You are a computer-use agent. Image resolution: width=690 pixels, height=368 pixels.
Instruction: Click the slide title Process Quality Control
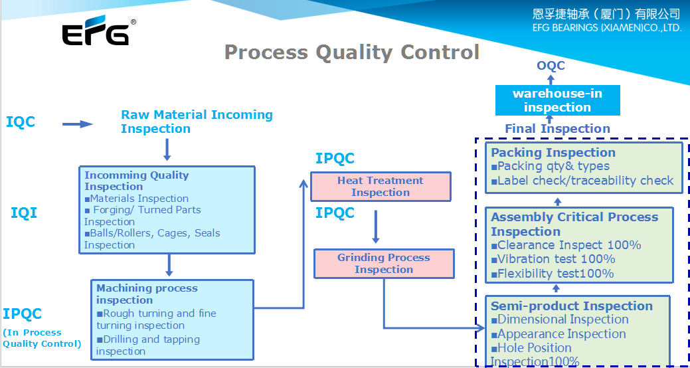pos(351,52)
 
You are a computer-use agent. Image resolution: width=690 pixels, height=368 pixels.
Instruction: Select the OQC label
pos(551,66)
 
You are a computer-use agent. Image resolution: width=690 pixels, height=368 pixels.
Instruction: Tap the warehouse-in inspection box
pos(557,100)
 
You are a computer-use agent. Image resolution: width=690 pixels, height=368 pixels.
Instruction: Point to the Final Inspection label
pos(557,129)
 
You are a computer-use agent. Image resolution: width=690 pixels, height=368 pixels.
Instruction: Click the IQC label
pos(21,122)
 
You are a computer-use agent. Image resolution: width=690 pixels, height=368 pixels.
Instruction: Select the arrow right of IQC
pos(77,124)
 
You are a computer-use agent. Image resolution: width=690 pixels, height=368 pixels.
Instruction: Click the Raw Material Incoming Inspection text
pos(197,122)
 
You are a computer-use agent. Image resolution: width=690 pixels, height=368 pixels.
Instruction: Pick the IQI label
pos(24,213)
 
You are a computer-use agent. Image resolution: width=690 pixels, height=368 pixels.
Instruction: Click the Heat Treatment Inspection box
pos(381,187)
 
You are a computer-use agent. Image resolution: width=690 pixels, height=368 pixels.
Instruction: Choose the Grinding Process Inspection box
pos(384,264)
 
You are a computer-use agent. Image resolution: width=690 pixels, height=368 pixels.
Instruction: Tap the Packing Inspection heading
pos(553,153)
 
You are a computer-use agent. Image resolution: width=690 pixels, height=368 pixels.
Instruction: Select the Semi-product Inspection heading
pos(572,306)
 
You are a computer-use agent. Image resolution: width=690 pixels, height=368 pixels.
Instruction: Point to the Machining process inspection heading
pos(147,294)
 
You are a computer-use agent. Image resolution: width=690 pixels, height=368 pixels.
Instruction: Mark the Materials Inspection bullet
pos(139,199)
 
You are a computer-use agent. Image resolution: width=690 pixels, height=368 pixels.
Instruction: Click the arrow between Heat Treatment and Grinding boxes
pos(375,227)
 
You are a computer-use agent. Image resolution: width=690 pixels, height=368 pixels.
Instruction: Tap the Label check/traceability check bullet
pos(584,181)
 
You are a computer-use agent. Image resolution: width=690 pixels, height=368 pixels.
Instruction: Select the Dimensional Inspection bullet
pos(562,320)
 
